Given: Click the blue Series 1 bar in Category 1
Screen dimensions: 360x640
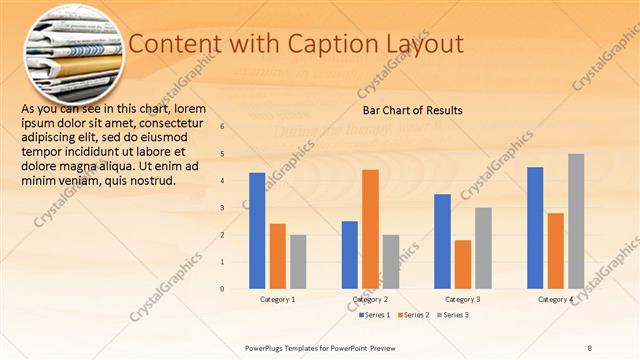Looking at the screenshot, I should [257, 231].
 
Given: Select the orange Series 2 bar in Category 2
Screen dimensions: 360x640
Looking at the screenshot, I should [370, 229].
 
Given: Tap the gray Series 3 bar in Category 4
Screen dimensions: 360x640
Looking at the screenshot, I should [576, 221].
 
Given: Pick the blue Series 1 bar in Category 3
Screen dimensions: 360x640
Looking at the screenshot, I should [442, 241].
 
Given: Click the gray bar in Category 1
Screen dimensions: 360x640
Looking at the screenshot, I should [298, 262].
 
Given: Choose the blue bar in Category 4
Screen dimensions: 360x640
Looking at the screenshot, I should [535, 228].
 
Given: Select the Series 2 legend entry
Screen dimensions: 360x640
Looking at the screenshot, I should [415, 315].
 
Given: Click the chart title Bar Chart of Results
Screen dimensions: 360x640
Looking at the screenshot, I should [412, 110].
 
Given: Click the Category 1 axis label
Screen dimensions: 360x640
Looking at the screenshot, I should [277, 299].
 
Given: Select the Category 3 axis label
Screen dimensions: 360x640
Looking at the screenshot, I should [462, 299].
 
